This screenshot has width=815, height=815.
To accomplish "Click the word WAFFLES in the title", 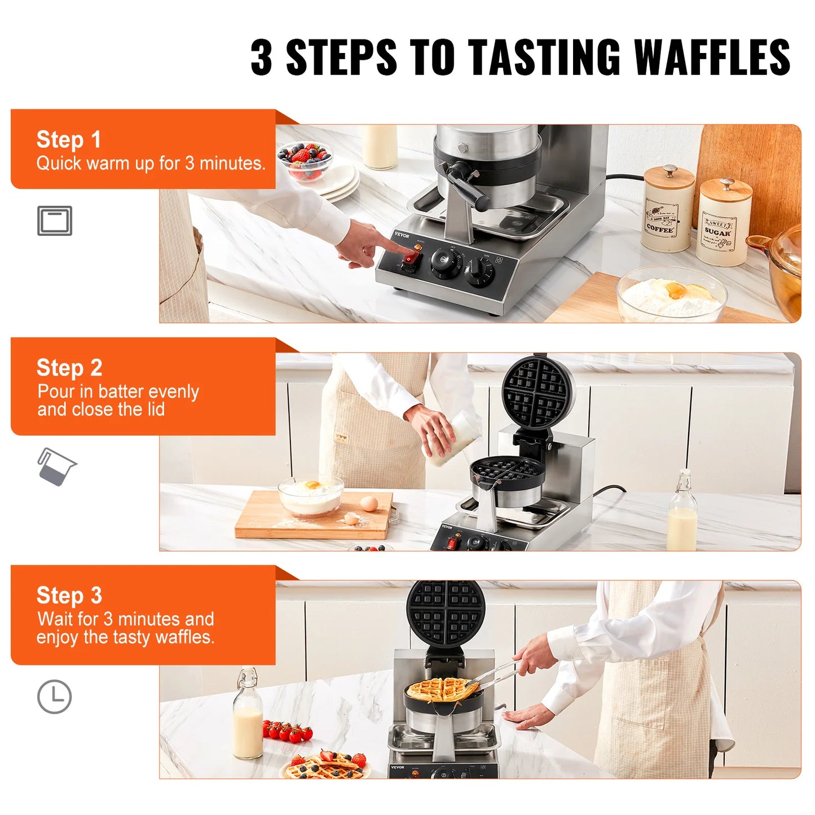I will pyautogui.click(x=712, y=58).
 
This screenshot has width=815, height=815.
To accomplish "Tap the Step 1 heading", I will pyautogui.click(x=68, y=139).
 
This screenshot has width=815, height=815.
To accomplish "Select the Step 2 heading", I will pyautogui.click(x=69, y=368).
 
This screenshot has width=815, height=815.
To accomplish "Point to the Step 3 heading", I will pyautogui.click(x=69, y=596).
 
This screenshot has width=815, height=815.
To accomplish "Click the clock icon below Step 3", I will pyautogui.click(x=54, y=697).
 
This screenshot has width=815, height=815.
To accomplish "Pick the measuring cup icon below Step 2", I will pyautogui.click(x=56, y=466).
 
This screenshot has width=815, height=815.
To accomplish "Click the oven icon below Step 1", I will pyautogui.click(x=55, y=221).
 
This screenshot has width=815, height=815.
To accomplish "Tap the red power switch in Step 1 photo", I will pyautogui.click(x=410, y=259).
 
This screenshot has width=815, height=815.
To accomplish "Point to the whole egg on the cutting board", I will pyautogui.click(x=369, y=503).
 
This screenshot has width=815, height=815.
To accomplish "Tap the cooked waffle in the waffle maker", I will pyautogui.click(x=442, y=690).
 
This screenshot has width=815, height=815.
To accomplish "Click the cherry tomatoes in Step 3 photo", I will pyautogui.click(x=287, y=731).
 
